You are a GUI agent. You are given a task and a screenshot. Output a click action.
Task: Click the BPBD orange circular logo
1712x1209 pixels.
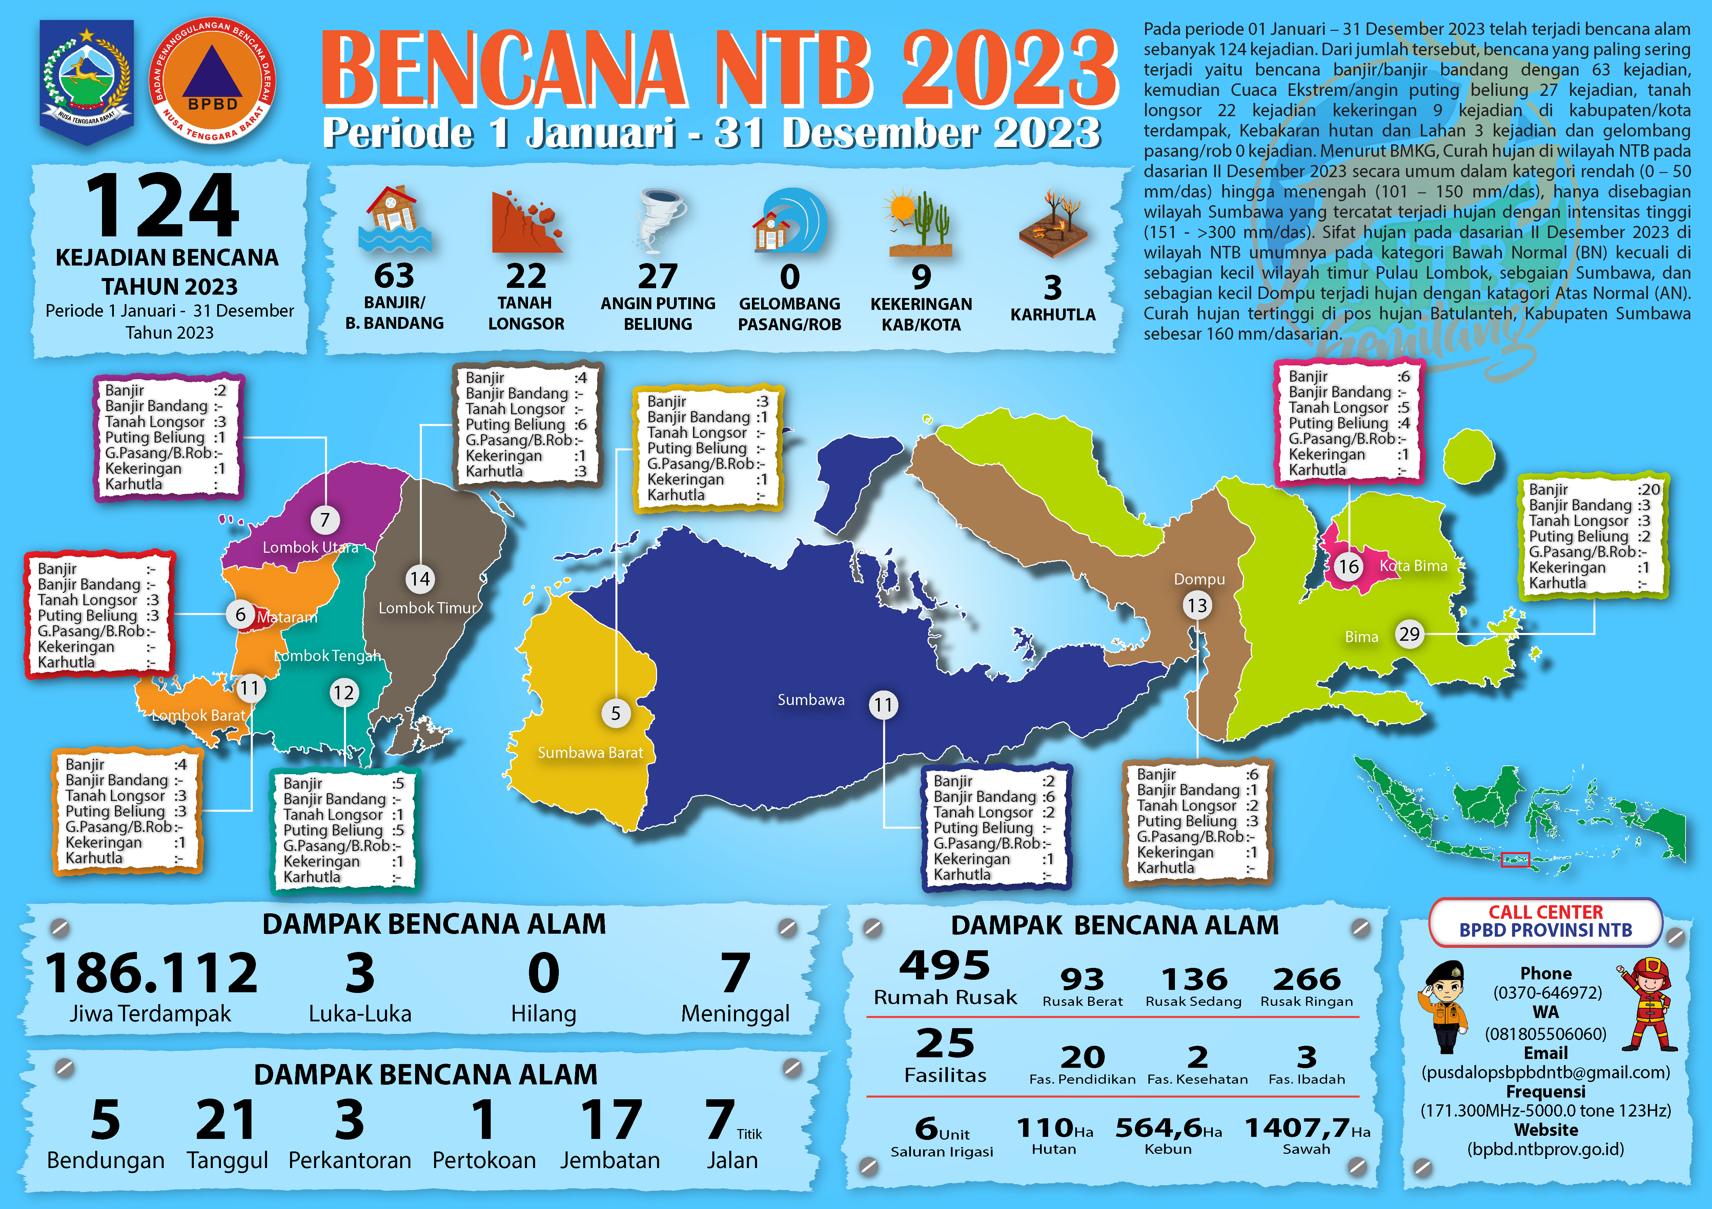212,81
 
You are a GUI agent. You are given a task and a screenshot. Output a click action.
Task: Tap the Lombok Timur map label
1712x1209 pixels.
427,608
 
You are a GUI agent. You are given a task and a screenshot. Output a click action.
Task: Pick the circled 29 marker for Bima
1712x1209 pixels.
1408,634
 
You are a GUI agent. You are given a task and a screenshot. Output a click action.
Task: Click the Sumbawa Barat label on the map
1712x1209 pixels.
590,753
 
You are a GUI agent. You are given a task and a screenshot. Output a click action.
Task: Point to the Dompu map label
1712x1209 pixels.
1199,579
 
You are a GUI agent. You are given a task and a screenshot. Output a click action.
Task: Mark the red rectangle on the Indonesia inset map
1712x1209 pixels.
1514,860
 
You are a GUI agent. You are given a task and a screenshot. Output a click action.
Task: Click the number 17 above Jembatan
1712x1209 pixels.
611,1120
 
